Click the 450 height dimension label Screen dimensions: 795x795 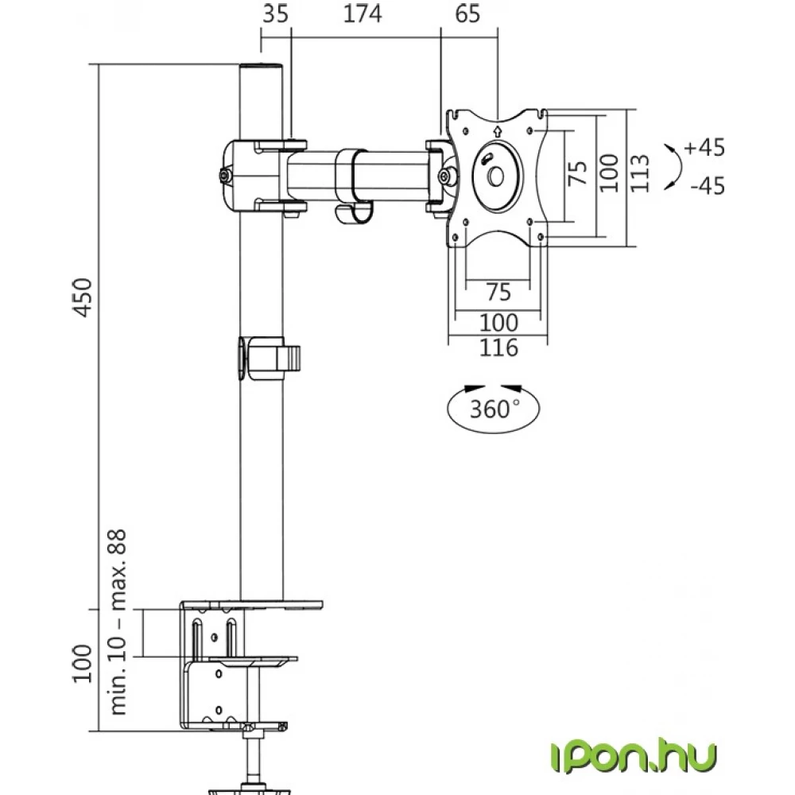click(83, 297)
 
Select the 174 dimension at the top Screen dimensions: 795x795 click(363, 14)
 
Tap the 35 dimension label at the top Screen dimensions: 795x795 click(275, 14)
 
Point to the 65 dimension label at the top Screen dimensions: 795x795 click(467, 14)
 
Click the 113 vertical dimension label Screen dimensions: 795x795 click(639, 173)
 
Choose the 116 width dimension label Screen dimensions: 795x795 click(499, 348)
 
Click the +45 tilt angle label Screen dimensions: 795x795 click(704, 148)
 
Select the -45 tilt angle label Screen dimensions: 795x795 click(708, 185)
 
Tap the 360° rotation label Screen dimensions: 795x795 click(494, 409)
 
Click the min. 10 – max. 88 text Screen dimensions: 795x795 click(118, 622)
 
